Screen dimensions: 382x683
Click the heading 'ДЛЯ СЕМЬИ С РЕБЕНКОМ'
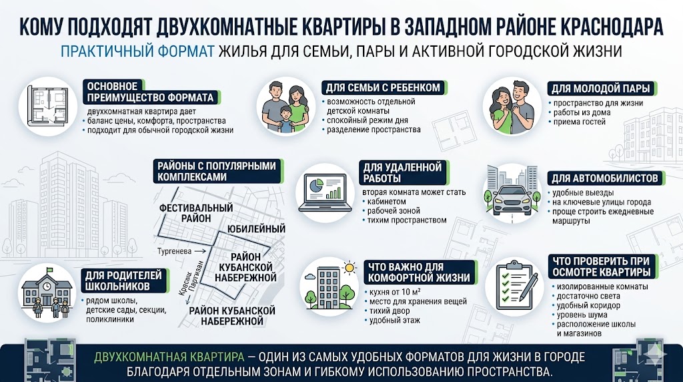coord(383,87)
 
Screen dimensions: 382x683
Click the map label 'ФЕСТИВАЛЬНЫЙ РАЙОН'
coord(186,213)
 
